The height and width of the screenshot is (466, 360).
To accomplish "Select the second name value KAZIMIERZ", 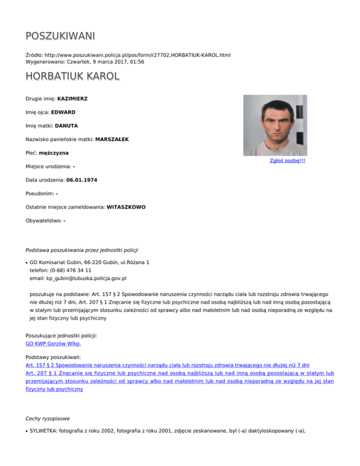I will click(x=73, y=99).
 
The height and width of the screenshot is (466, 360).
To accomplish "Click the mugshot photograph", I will click(x=275, y=125).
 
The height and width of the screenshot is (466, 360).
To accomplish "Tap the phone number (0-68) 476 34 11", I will click(x=67, y=271).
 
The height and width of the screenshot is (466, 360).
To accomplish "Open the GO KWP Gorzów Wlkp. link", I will click(x=57, y=343).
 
